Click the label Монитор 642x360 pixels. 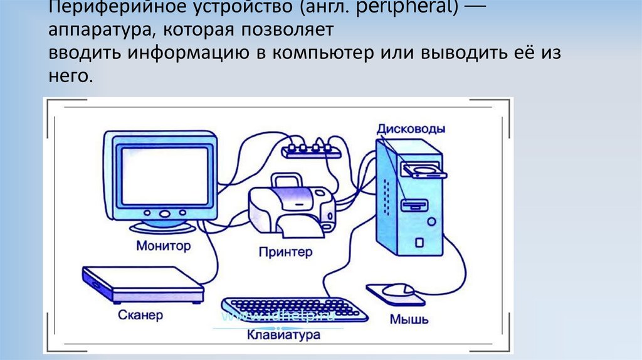click(163, 245)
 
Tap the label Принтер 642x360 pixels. click(285, 252)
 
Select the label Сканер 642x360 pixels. click(140, 314)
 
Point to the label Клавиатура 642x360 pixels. click(283, 334)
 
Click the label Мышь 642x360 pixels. click(409, 319)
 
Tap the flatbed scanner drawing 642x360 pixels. click(143, 283)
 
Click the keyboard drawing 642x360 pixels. click(295, 308)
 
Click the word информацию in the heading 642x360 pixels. click(189, 53)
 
